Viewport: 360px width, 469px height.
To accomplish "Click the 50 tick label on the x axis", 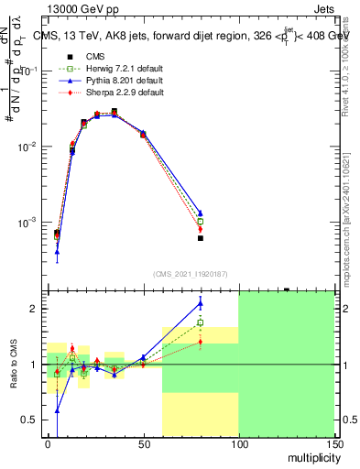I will [x=143, y=443].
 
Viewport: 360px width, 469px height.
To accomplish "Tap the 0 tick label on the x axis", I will [x=48, y=443].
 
